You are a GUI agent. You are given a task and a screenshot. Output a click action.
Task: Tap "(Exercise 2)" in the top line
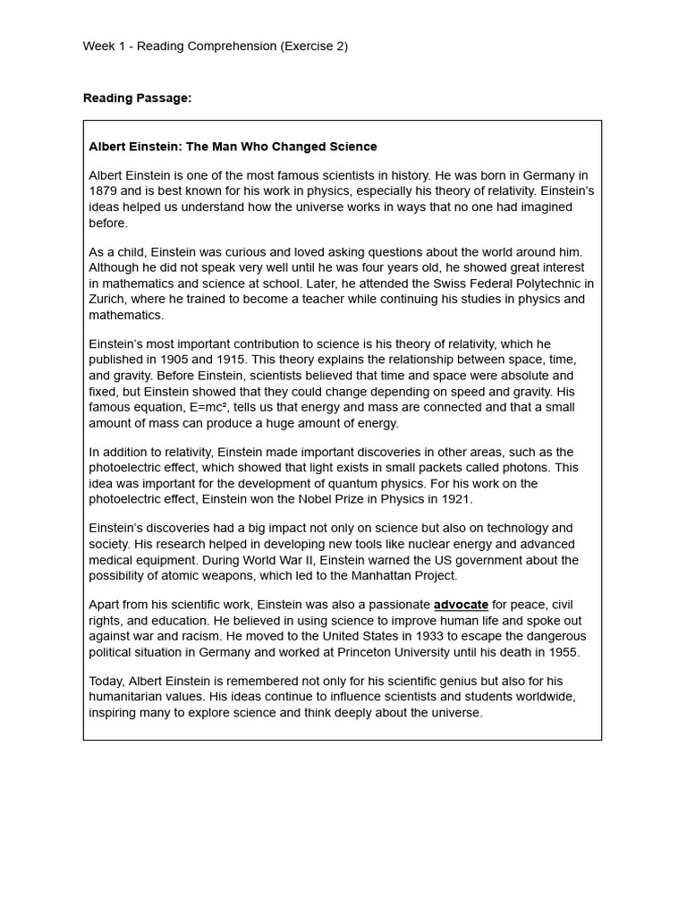(314, 47)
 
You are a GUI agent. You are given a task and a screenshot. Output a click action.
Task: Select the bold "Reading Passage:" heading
(137, 98)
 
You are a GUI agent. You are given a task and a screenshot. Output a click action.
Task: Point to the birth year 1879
(104, 191)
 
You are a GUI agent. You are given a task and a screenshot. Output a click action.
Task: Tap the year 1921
(454, 499)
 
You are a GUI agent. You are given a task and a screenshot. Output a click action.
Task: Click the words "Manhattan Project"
(402, 576)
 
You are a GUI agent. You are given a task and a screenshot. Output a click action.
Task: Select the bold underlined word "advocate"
(461, 606)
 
